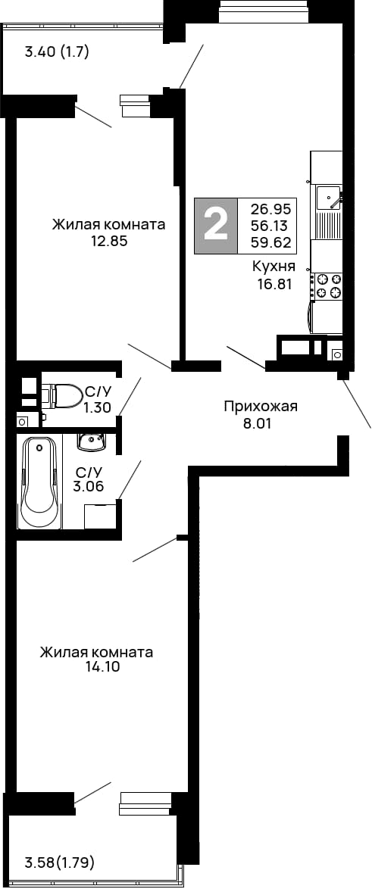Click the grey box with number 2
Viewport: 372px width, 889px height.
217,226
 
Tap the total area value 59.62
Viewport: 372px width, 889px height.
270,244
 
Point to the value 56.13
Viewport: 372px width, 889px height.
270,226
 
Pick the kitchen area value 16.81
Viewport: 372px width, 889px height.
274,285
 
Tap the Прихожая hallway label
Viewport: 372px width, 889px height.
261,407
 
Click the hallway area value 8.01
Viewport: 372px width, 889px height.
255,424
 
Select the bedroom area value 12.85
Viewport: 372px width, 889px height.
108,242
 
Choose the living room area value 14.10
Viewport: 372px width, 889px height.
98,668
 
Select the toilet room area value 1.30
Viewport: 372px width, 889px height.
98,407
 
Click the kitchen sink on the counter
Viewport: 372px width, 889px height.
328,196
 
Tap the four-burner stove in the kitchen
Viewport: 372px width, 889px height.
329,285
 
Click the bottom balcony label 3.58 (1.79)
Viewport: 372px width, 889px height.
60,862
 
